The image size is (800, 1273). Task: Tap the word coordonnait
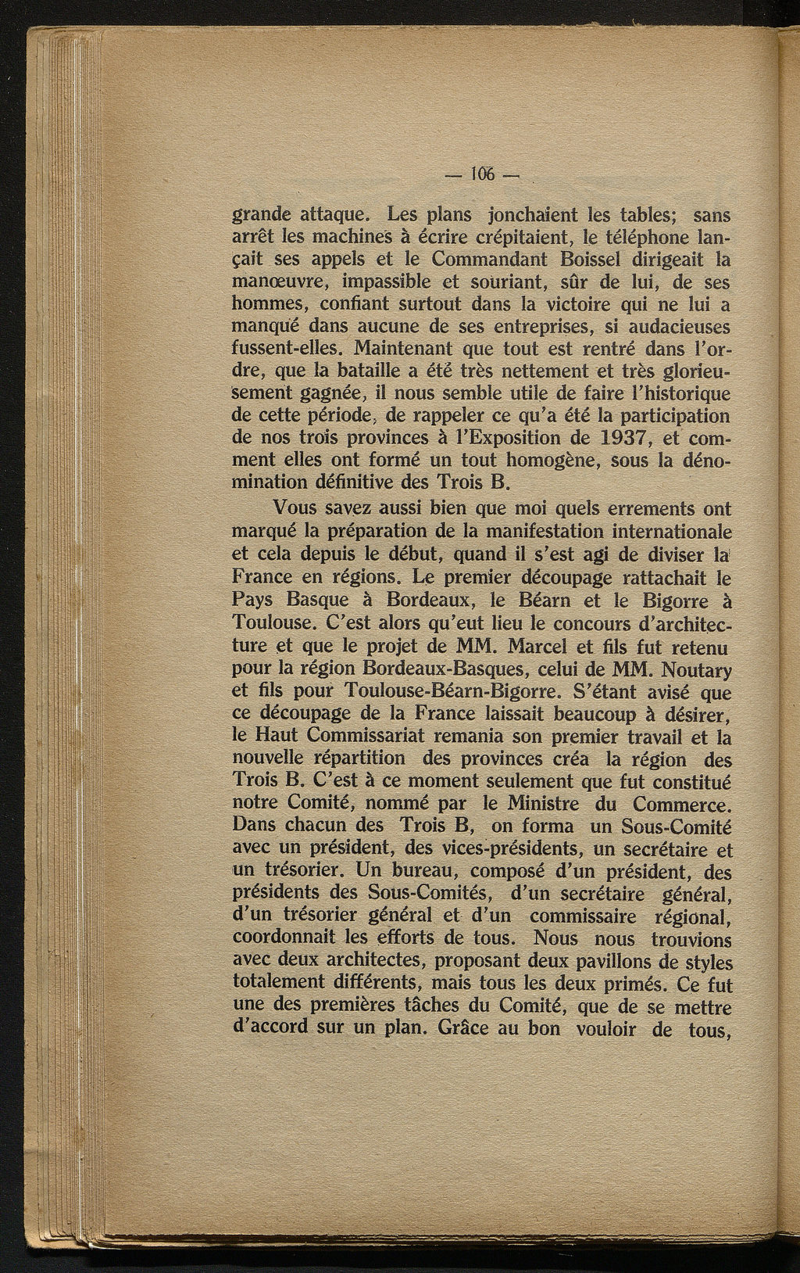coord(286,938)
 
